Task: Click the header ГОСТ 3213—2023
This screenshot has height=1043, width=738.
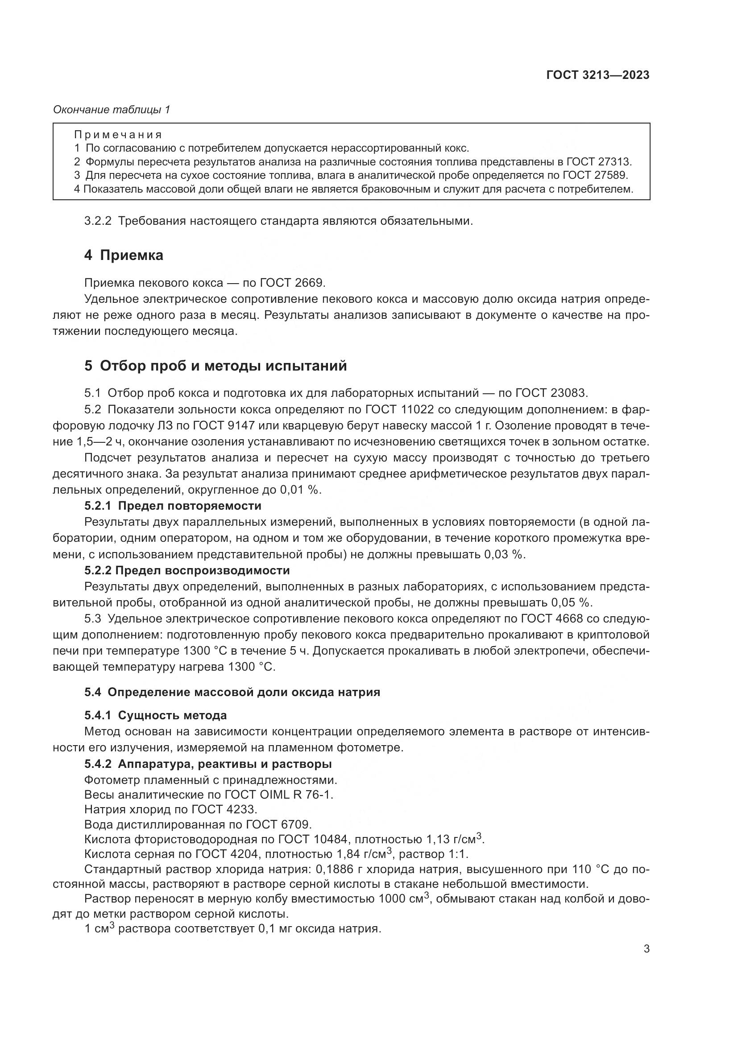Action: tap(597, 75)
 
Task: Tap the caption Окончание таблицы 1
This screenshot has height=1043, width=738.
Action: tap(112, 110)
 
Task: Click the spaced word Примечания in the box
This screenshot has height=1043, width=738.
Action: tap(118, 135)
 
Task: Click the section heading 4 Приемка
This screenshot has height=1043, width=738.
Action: tap(124, 256)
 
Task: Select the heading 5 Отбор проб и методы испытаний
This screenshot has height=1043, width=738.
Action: tap(216, 366)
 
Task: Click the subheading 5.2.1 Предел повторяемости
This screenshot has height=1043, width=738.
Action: tap(173, 506)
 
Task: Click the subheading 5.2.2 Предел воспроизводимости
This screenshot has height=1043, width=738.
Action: tap(187, 570)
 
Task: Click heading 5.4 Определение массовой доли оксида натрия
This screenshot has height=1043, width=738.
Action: tap(232, 692)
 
